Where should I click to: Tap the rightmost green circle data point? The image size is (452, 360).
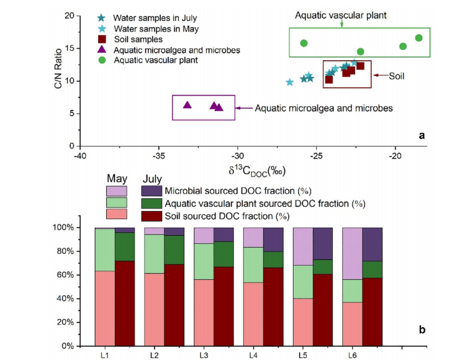(419, 38)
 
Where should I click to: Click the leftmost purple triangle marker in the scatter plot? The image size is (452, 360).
(188, 105)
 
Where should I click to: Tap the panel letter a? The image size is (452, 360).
(422, 135)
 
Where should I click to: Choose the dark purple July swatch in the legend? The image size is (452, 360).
(151, 191)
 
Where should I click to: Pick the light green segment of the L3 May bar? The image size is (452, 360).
(204, 261)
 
